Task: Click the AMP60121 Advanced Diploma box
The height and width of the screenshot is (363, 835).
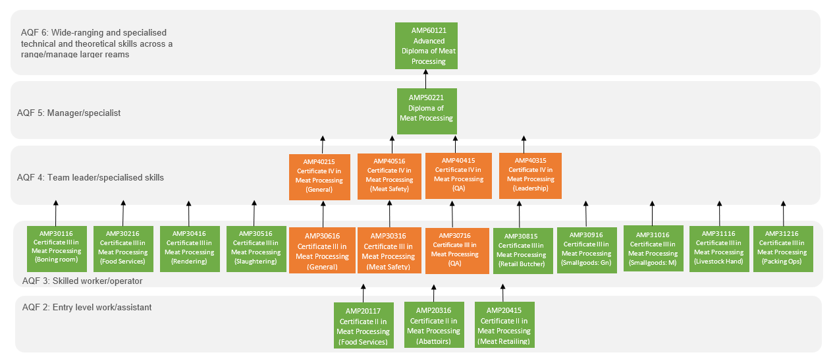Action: (426, 45)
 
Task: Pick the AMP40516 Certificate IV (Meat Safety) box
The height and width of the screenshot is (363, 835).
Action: (389, 175)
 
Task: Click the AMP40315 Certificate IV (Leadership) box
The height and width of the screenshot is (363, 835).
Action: (530, 175)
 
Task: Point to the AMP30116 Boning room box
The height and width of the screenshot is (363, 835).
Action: (56, 248)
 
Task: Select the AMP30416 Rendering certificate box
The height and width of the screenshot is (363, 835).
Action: (189, 248)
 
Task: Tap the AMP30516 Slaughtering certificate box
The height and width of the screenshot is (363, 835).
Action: (256, 248)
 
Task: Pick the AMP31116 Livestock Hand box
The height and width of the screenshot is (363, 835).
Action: (718, 248)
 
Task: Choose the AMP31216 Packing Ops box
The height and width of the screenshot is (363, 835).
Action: (783, 248)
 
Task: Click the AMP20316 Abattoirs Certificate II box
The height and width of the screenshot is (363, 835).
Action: (433, 325)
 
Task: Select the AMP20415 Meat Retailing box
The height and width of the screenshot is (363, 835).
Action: (504, 325)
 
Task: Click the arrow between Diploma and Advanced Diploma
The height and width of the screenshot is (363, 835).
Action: (425, 78)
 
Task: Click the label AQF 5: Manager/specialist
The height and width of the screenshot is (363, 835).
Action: (68, 113)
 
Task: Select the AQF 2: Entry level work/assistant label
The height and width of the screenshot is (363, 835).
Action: (87, 308)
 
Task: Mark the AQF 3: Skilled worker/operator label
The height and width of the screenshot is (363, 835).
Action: (82, 281)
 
